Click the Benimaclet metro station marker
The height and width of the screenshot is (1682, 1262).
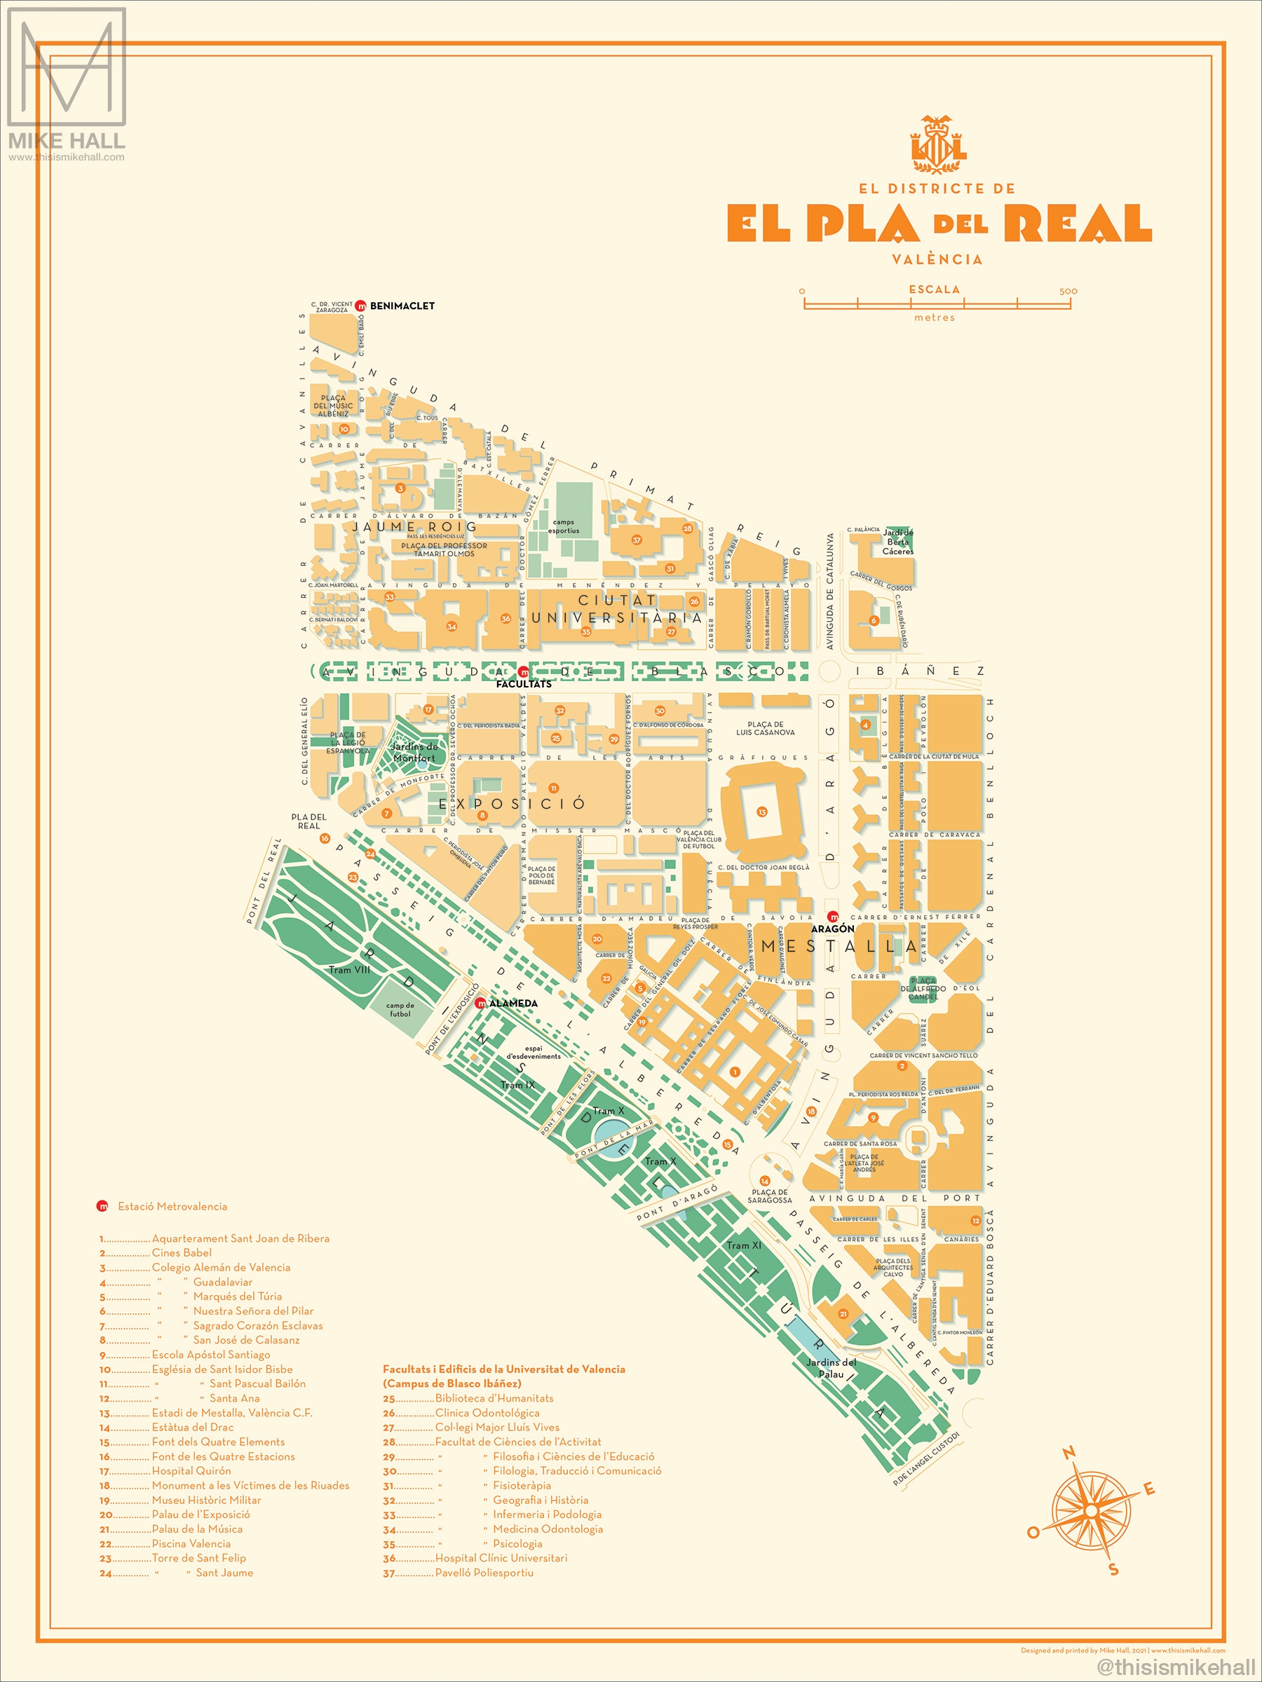click(x=361, y=306)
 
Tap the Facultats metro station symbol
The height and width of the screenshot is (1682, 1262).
click(x=523, y=672)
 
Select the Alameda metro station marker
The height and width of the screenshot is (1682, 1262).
click(x=480, y=1004)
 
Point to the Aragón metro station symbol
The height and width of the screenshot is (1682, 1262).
click(x=833, y=917)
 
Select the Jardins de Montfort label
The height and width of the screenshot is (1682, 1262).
click(x=414, y=752)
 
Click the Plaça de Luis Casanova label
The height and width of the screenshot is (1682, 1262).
click(x=766, y=728)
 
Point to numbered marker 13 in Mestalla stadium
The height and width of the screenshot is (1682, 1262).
click(x=761, y=812)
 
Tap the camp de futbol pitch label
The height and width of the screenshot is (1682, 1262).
click(x=400, y=1010)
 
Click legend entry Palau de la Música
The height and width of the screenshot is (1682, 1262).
click(x=197, y=1529)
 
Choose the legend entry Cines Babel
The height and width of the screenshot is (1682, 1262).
click(x=182, y=1252)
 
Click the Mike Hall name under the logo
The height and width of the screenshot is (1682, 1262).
click(x=66, y=141)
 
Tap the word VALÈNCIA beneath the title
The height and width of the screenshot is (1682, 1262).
click(x=937, y=259)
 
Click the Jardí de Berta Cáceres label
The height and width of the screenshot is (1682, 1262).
click(x=897, y=542)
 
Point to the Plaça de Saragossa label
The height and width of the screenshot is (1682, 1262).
click(x=769, y=1196)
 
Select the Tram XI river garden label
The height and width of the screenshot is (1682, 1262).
click(x=743, y=1245)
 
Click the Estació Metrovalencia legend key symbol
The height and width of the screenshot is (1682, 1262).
click(x=102, y=1206)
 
